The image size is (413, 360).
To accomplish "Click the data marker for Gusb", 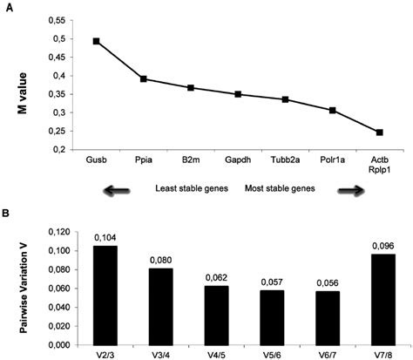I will [97, 41].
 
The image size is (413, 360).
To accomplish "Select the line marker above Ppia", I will [145, 79].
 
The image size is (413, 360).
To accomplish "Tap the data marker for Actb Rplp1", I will [380, 132].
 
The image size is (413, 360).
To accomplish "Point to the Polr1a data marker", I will [333, 111].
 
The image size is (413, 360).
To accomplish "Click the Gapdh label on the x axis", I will [238, 160].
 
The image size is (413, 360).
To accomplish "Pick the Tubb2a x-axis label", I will [285, 160].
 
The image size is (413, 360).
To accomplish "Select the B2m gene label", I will [192, 160].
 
